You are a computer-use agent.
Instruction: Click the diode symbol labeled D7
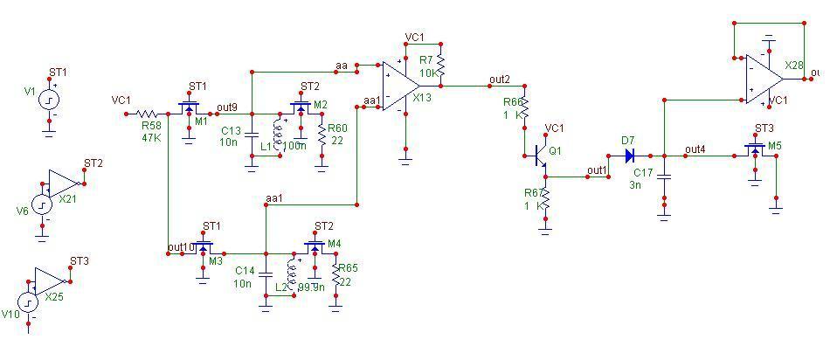tap(628, 156)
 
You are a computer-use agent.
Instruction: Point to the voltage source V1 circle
tap(49, 100)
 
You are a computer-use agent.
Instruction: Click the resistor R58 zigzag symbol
tap(147, 114)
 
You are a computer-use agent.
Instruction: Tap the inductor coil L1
tap(279, 135)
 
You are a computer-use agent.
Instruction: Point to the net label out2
tap(500, 80)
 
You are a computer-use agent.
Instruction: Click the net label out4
tap(695, 149)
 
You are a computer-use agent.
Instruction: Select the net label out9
tap(226, 107)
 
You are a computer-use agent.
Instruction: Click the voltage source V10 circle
tap(28, 304)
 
